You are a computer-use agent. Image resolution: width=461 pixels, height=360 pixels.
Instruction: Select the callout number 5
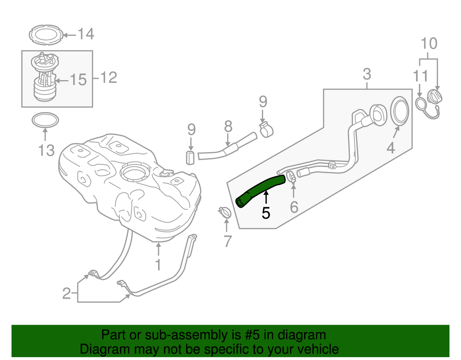pos(266,212)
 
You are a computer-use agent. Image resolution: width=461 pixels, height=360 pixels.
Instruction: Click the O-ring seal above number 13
pos(45,120)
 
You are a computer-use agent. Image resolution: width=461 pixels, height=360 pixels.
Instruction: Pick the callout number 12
pos(109,78)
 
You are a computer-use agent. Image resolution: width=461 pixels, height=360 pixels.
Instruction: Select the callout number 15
pos(78,80)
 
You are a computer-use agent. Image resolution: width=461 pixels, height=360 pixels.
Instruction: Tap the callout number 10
pos(429,44)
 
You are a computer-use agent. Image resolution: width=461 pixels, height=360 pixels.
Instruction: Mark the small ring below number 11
pos(421,103)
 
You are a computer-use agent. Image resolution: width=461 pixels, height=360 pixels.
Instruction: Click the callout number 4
pos(390,148)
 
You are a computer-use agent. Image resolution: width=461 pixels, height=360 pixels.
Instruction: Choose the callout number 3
pos(366,74)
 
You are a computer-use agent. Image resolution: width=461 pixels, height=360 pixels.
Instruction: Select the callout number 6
pos(294,207)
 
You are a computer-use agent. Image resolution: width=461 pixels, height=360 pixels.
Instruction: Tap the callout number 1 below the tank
pos(158,265)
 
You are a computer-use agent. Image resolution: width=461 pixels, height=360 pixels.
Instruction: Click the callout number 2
pos(67,293)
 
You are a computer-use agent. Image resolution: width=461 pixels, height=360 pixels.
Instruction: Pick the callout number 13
pos(46,150)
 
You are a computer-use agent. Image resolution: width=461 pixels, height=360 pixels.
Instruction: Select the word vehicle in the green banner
pos(316,349)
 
